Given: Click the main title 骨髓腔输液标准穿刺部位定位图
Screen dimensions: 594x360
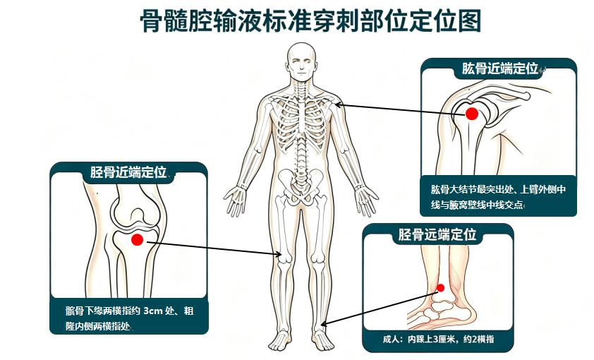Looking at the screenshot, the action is click(310, 20).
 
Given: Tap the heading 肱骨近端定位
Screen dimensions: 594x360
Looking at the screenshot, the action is click(499, 68).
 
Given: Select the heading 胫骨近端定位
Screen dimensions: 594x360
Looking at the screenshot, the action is click(128, 172).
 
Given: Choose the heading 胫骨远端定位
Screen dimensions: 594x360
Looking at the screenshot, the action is click(437, 234).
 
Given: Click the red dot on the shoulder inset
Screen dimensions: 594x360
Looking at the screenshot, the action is click(472, 114).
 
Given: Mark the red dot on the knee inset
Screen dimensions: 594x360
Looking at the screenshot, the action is click(137, 239).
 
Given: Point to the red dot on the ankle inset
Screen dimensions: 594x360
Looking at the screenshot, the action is click(440, 288).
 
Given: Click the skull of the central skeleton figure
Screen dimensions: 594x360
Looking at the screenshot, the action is click(301, 61).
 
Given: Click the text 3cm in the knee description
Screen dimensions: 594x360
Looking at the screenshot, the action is click(153, 311).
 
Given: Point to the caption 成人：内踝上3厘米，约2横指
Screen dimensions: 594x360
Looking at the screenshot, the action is click(438, 339).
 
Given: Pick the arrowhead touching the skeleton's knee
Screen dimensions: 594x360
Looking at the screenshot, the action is click(279, 255).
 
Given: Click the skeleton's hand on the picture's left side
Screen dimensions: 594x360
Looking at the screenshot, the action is click(236, 199).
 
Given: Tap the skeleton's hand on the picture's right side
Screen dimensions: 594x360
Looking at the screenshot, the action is click(366, 200).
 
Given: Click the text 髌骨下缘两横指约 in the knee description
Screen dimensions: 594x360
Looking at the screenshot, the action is click(103, 311).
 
